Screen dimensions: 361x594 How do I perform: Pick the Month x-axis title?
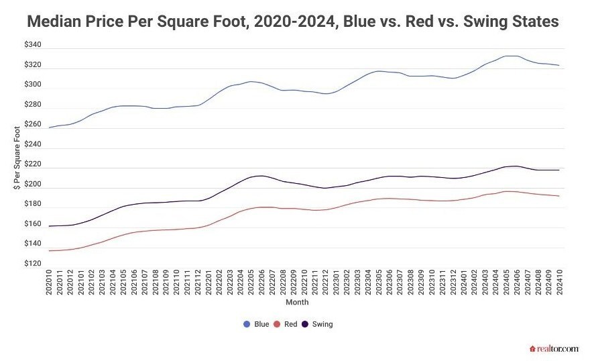[x=296, y=303]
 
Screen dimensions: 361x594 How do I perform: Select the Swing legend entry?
[x=318, y=324]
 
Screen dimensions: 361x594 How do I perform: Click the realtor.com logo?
[x=554, y=348]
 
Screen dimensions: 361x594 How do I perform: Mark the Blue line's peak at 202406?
[x=515, y=56]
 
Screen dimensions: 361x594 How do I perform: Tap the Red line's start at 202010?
[x=50, y=250]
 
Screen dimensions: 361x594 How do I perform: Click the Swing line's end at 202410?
[x=558, y=170]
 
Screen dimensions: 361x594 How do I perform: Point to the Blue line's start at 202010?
[x=50, y=127]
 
